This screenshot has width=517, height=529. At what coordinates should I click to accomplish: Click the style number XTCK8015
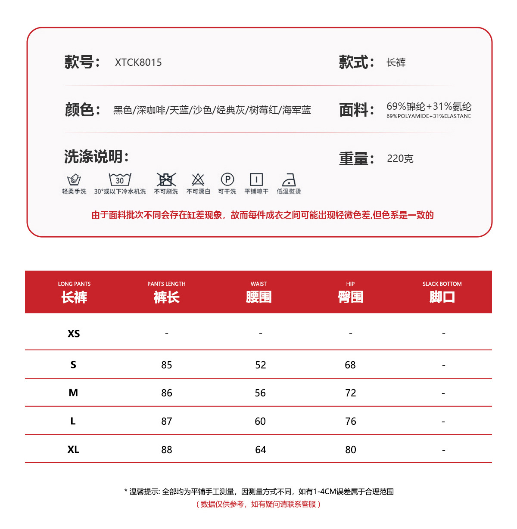[138, 62]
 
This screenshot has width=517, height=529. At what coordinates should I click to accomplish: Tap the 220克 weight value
[400, 158]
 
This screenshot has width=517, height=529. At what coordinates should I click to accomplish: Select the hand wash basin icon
[74, 179]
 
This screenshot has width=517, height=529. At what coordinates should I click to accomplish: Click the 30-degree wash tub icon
[120, 179]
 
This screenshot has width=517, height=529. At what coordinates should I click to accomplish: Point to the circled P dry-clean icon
[227, 179]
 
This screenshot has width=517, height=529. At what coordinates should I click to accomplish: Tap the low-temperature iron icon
[289, 179]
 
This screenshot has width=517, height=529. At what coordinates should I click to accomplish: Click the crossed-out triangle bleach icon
[198, 179]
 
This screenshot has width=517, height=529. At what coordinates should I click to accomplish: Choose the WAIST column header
[258, 292]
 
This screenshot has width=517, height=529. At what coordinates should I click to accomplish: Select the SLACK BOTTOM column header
[442, 292]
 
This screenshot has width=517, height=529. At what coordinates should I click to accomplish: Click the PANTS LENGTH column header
[166, 292]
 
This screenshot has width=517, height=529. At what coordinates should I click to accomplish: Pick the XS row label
[74, 334]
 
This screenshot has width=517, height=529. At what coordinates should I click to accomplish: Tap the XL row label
[73, 449]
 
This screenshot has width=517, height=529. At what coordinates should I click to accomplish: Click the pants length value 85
[167, 365]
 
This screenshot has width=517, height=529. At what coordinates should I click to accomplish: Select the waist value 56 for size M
[260, 393]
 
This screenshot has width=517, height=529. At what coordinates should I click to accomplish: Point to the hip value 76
[351, 421]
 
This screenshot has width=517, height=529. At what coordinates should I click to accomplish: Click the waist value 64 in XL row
[261, 450]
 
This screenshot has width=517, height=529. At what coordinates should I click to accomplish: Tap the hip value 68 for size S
[350, 365]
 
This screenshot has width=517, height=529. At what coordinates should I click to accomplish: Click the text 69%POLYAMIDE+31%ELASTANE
[429, 116]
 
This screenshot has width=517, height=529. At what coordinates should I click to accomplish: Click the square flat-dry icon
[256, 179]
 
